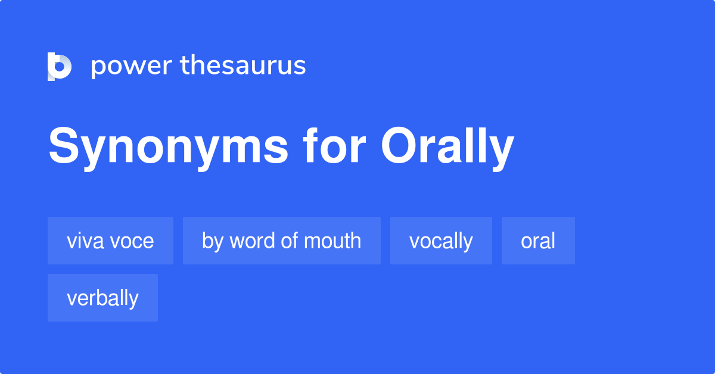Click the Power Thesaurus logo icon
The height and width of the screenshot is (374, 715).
(x=60, y=66)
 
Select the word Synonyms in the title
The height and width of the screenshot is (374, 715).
(x=169, y=147)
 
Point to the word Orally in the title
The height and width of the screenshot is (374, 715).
(x=447, y=147)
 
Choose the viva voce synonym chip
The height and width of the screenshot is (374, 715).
(x=110, y=241)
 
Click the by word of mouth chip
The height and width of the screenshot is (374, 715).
(x=281, y=241)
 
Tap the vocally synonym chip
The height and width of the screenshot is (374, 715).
(x=441, y=241)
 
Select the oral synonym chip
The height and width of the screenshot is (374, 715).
(x=538, y=241)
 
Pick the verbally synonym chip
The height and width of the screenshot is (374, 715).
(x=102, y=298)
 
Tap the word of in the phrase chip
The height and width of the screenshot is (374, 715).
(x=290, y=241)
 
